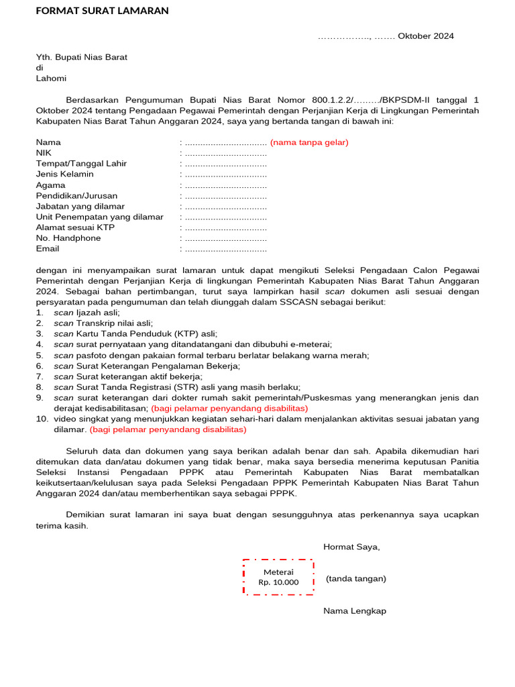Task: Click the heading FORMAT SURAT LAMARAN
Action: pos(102,11)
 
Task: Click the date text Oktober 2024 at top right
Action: pos(426,36)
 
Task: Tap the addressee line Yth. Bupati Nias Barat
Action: pos(81,57)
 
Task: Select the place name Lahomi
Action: pos(51,78)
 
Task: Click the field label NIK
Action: pos(44,153)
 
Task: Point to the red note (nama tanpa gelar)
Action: pos(309,142)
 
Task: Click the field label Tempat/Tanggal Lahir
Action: pos(81,164)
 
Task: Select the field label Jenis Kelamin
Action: pos(65,174)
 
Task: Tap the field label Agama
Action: pos(50,185)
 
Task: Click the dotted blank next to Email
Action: pos(225,249)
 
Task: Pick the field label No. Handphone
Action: pos(68,238)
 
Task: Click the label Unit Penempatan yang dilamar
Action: pos(100,217)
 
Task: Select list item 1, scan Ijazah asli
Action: pos(87,313)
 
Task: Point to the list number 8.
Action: pos(40,387)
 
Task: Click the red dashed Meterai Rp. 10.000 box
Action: pos(278,577)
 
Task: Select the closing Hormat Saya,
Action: pos(351,547)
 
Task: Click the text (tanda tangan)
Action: pos(355,579)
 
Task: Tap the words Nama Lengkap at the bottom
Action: pos(355,611)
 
